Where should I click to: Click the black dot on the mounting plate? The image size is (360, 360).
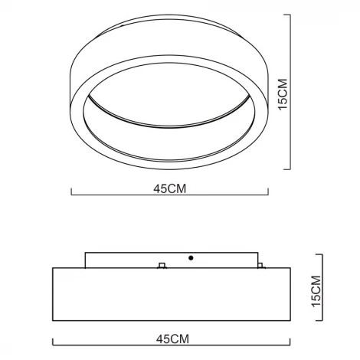click(191, 258)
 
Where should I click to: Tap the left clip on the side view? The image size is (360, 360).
click(161, 266)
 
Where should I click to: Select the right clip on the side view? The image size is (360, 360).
click(261, 266)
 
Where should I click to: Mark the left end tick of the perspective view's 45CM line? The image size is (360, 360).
click(71, 193)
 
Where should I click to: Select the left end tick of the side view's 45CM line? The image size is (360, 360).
click(52, 342)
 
